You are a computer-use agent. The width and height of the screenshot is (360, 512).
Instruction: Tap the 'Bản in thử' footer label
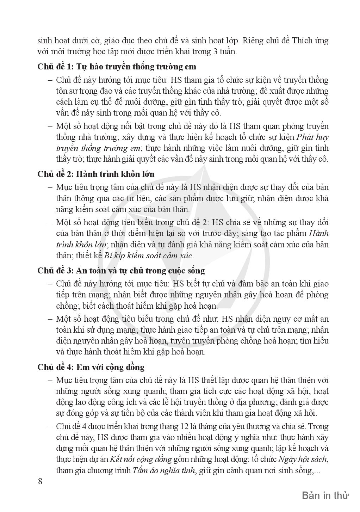coord(325,495)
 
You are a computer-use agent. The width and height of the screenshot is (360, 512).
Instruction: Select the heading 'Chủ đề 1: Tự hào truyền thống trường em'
coord(117,67)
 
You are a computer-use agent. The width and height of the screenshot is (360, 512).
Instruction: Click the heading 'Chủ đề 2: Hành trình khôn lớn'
coord(96,174)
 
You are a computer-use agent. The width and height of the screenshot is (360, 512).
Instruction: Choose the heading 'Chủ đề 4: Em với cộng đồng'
coord(91,367)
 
